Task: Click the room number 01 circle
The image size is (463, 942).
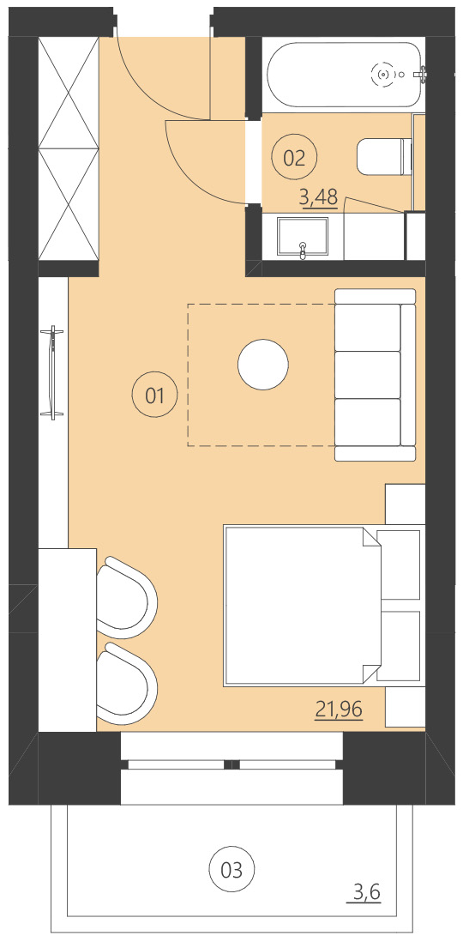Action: pyautogui.click(x=155, y=396)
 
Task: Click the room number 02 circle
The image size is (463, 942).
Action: pyautogui.click(x=294, y=157)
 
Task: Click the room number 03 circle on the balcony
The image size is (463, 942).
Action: pyautogui.click(x=231, y=870)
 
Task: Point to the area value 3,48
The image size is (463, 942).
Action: pyautogui.click(x=318, y=198)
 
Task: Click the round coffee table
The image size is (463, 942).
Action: pyautogui.click(x=262, y=365)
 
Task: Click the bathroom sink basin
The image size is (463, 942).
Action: pyautogui.click(x=302, y=236)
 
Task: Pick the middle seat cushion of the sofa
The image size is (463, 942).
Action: pyautogui.click(x=367, y=374)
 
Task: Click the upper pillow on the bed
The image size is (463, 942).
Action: pyautogui.click(x=399, y=565)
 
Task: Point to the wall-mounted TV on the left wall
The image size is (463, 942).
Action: pyautogui.click(x=53, y=372)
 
